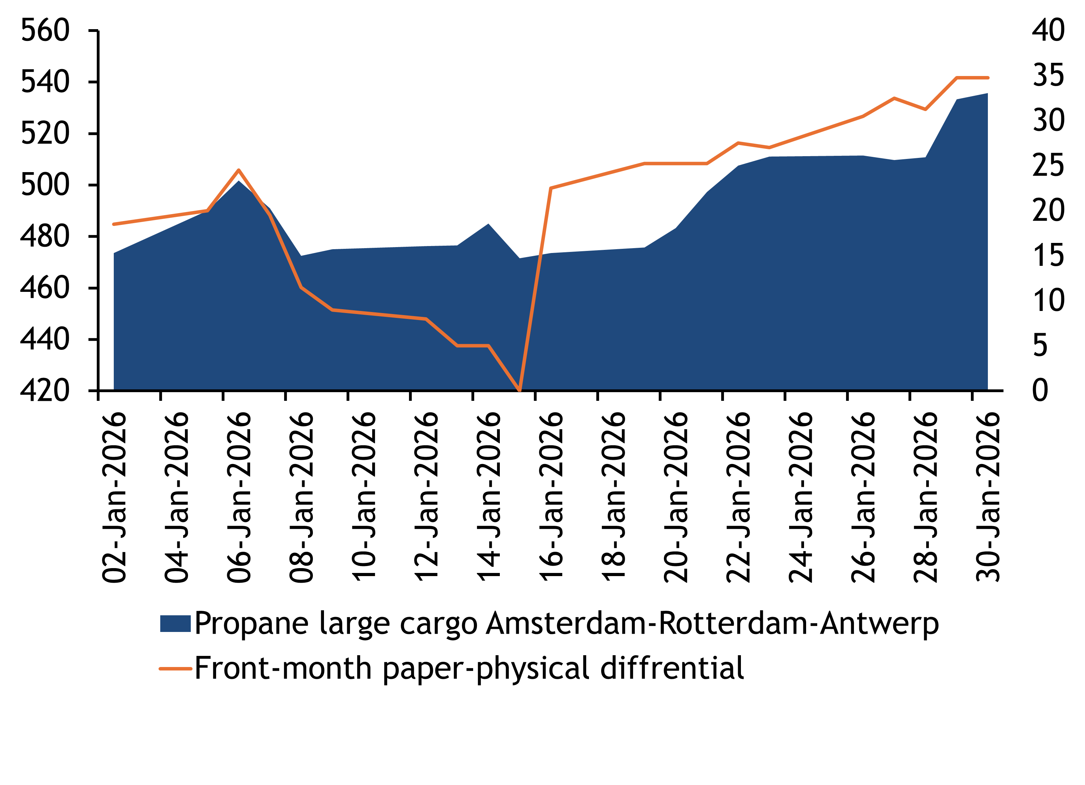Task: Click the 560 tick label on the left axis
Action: point(45,30)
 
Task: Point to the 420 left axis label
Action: point(45,390)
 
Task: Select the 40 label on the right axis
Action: point(1048,30)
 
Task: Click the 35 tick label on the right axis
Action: point(1048,75)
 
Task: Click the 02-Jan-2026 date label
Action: point(115,498)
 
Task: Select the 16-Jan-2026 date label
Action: point(552,498)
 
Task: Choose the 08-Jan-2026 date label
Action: point(302,498)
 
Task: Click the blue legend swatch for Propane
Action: point(175,624)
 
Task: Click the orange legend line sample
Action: point(175,668)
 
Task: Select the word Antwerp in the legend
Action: point(879,624)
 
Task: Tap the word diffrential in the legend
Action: point(672,668)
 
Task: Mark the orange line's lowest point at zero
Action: point(520,390)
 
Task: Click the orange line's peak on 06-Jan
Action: point(239,170)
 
